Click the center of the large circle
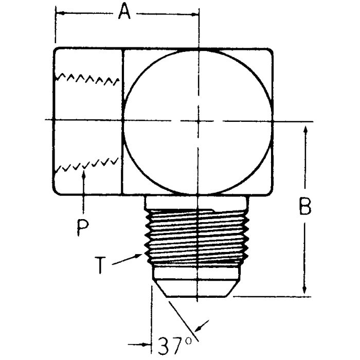click(198, 121)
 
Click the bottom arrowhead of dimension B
click(306, 292)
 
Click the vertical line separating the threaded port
click(122, 121)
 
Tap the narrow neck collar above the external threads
click(197, 202)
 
